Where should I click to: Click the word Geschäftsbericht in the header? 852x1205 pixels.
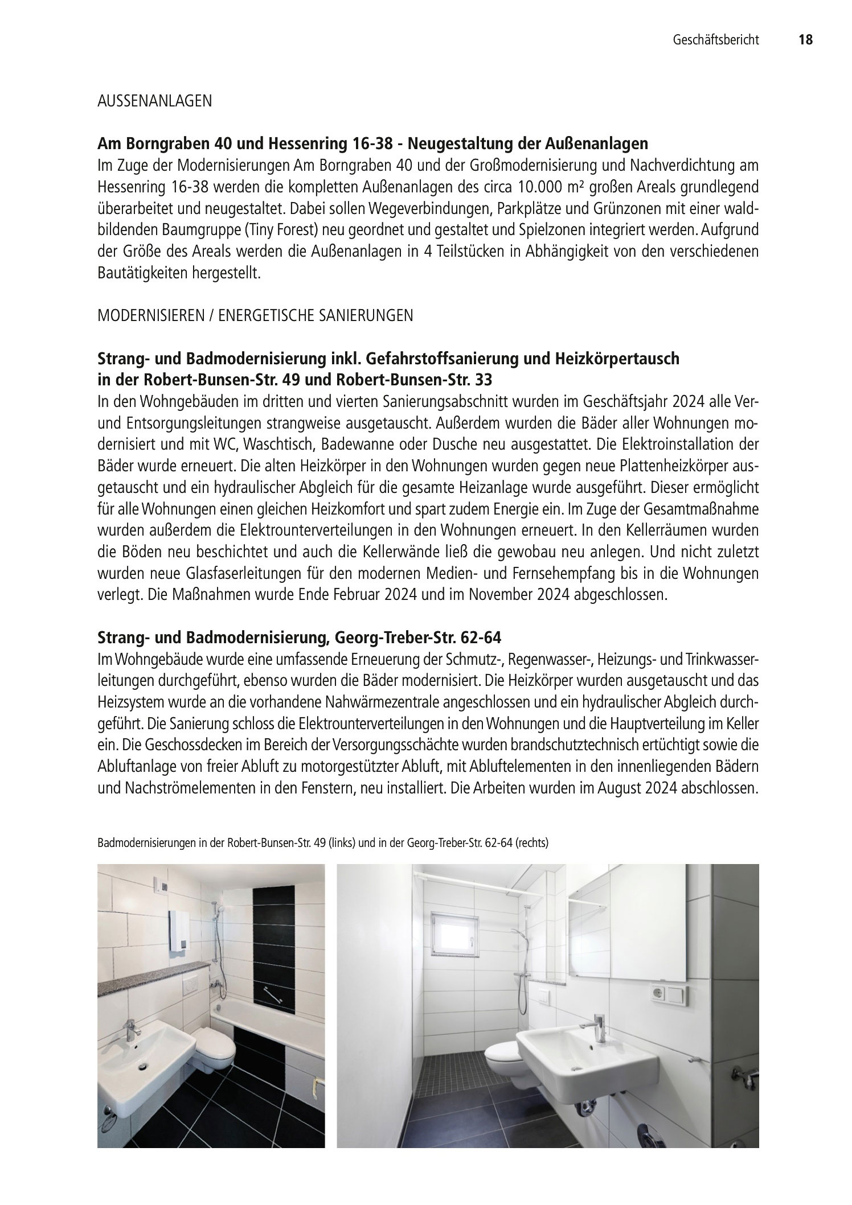716,40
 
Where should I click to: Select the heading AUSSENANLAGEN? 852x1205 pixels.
154,102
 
